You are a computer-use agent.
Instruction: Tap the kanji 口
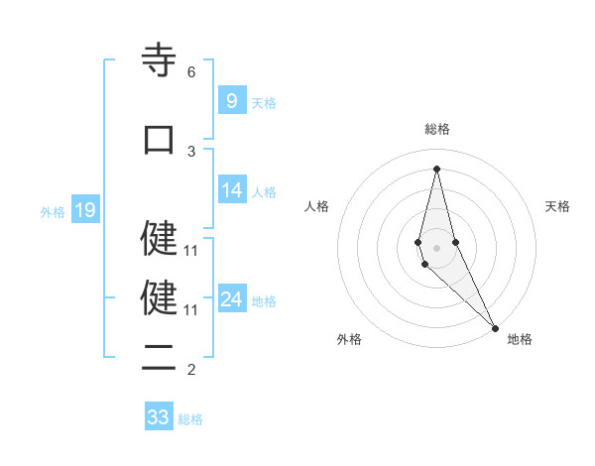tap(160, 140)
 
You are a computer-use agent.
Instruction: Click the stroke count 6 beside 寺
tap(191, 72)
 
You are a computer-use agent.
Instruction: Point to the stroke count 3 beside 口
tap(191, 151)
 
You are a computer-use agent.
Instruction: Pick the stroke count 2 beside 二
tap(191, 370)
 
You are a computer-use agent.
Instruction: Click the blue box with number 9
tap(231, 100)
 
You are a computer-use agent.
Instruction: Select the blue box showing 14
tap(231, 190)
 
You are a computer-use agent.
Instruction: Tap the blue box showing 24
tap(231, 299)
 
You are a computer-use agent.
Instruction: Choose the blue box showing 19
tap(84, 210)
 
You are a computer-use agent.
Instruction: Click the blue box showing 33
tap(159, 417)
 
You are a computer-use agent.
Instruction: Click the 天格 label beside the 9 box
tap(264, 102)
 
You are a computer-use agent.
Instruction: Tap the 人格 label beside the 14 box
tap(264, 192)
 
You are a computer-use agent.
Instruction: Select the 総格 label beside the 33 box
tap(190, 419)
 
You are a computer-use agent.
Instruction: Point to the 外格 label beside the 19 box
tap(53, 212)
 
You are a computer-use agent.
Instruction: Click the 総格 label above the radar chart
tap(436, 129)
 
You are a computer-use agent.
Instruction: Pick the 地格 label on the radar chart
tap(521, 340)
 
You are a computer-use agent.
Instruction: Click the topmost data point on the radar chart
tap(436, 169)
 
